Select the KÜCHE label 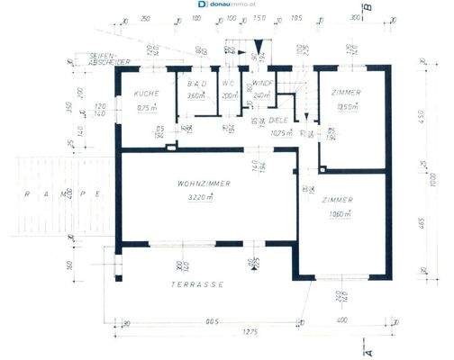click(x=147, y=94)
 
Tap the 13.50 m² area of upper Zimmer click(x=346, y=106)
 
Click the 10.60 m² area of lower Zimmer click(x=340, y=213)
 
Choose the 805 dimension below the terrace click(x=213, y=321)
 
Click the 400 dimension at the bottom click(x=343, y=321)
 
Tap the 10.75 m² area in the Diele click(x=284, y=133)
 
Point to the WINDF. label click(x=263, y=83)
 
